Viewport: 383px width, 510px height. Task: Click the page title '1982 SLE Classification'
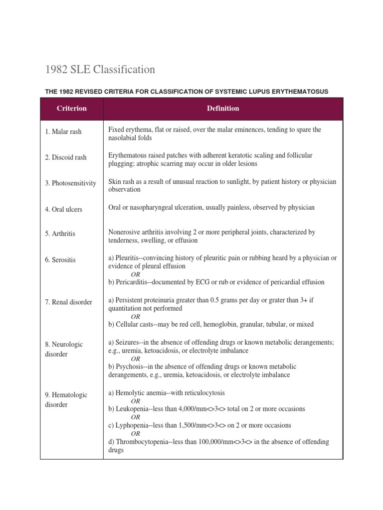100,70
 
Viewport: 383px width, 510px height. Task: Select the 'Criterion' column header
71,109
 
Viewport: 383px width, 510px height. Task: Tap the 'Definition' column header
223,109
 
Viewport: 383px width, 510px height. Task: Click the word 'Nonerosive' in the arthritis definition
125,232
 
